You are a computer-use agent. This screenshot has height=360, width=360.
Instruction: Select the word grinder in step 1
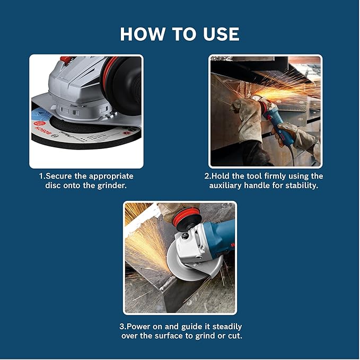[112, 186]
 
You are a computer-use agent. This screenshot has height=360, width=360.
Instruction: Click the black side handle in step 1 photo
[124, 80]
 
